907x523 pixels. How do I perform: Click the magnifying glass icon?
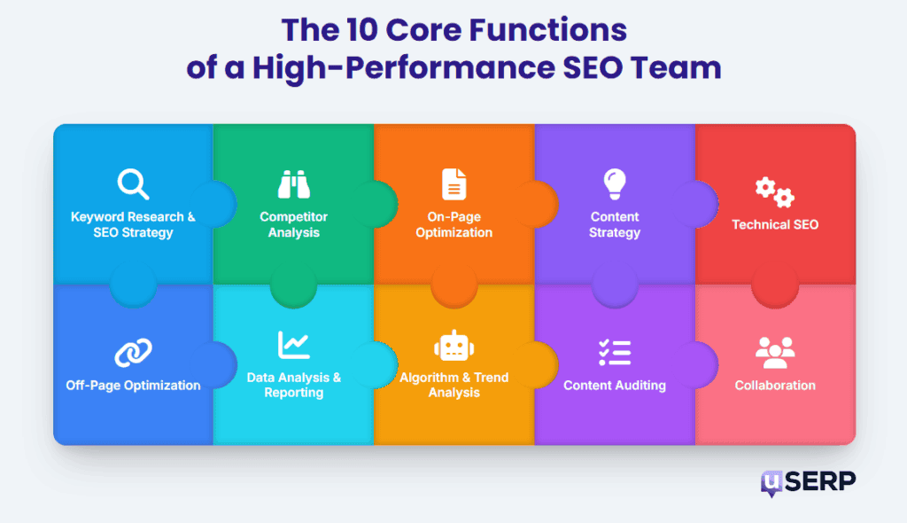[x=133, y=184]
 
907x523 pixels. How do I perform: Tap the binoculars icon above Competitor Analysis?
[x=293, y=184]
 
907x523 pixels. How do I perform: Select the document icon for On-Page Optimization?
[x=453, y=184]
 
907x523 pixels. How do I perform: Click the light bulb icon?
[x=614, y=184]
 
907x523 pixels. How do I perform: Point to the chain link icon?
[x=133, y=353]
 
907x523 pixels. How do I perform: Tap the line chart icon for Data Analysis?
[x=293, y=345]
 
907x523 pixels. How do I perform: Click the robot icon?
[x=453, y=346]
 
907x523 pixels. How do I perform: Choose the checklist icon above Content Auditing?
[x=614, y=352]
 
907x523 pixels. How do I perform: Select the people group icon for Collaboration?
[x=774, y=352]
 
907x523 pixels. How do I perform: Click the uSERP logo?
[x=808, y=483]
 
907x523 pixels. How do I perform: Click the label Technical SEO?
[x=774, y=224]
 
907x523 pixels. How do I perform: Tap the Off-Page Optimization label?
[x=133, y=386]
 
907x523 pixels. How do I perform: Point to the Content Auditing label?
[x=614, y=386]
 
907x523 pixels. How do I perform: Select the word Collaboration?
[x=774, y=386]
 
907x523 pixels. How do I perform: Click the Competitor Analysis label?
[x=293, y=224]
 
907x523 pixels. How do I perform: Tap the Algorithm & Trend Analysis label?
[x=453, y=385]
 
